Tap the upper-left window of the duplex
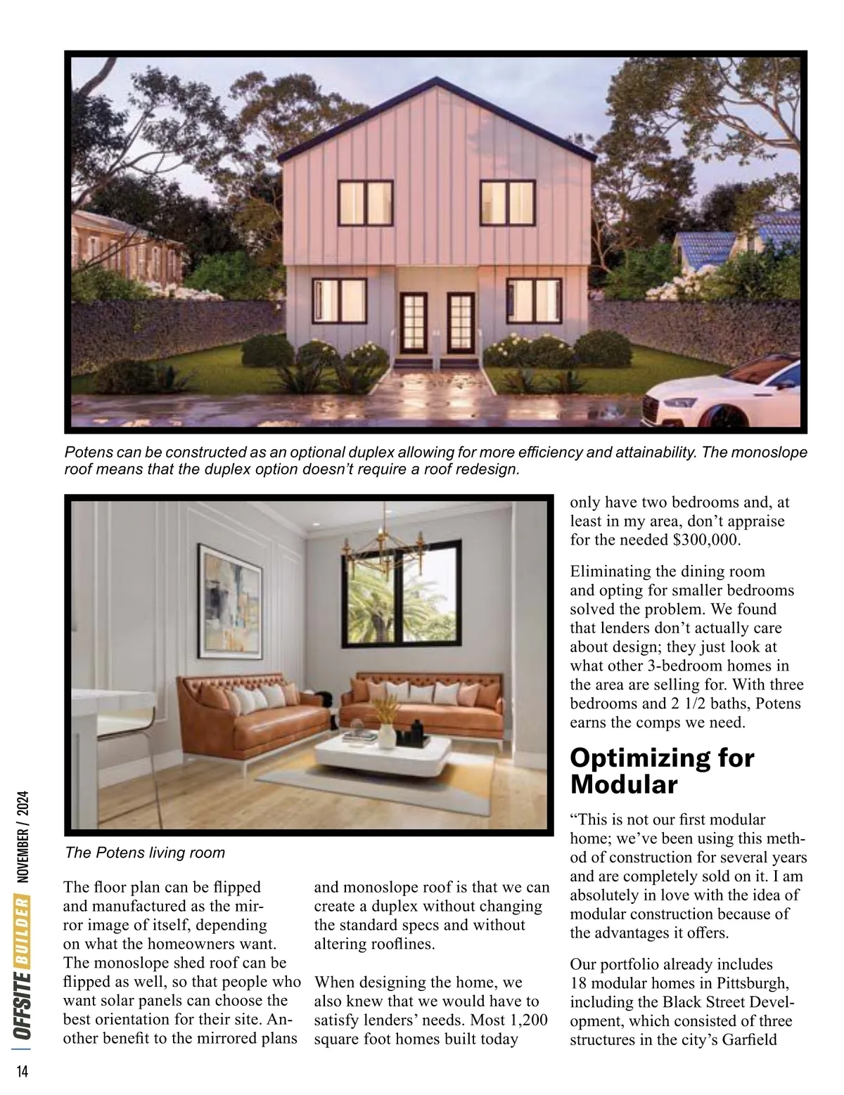365,202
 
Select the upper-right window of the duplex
506,202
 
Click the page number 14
23,1071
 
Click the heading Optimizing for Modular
661,771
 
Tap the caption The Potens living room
144,853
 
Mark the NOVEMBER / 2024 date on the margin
23,836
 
